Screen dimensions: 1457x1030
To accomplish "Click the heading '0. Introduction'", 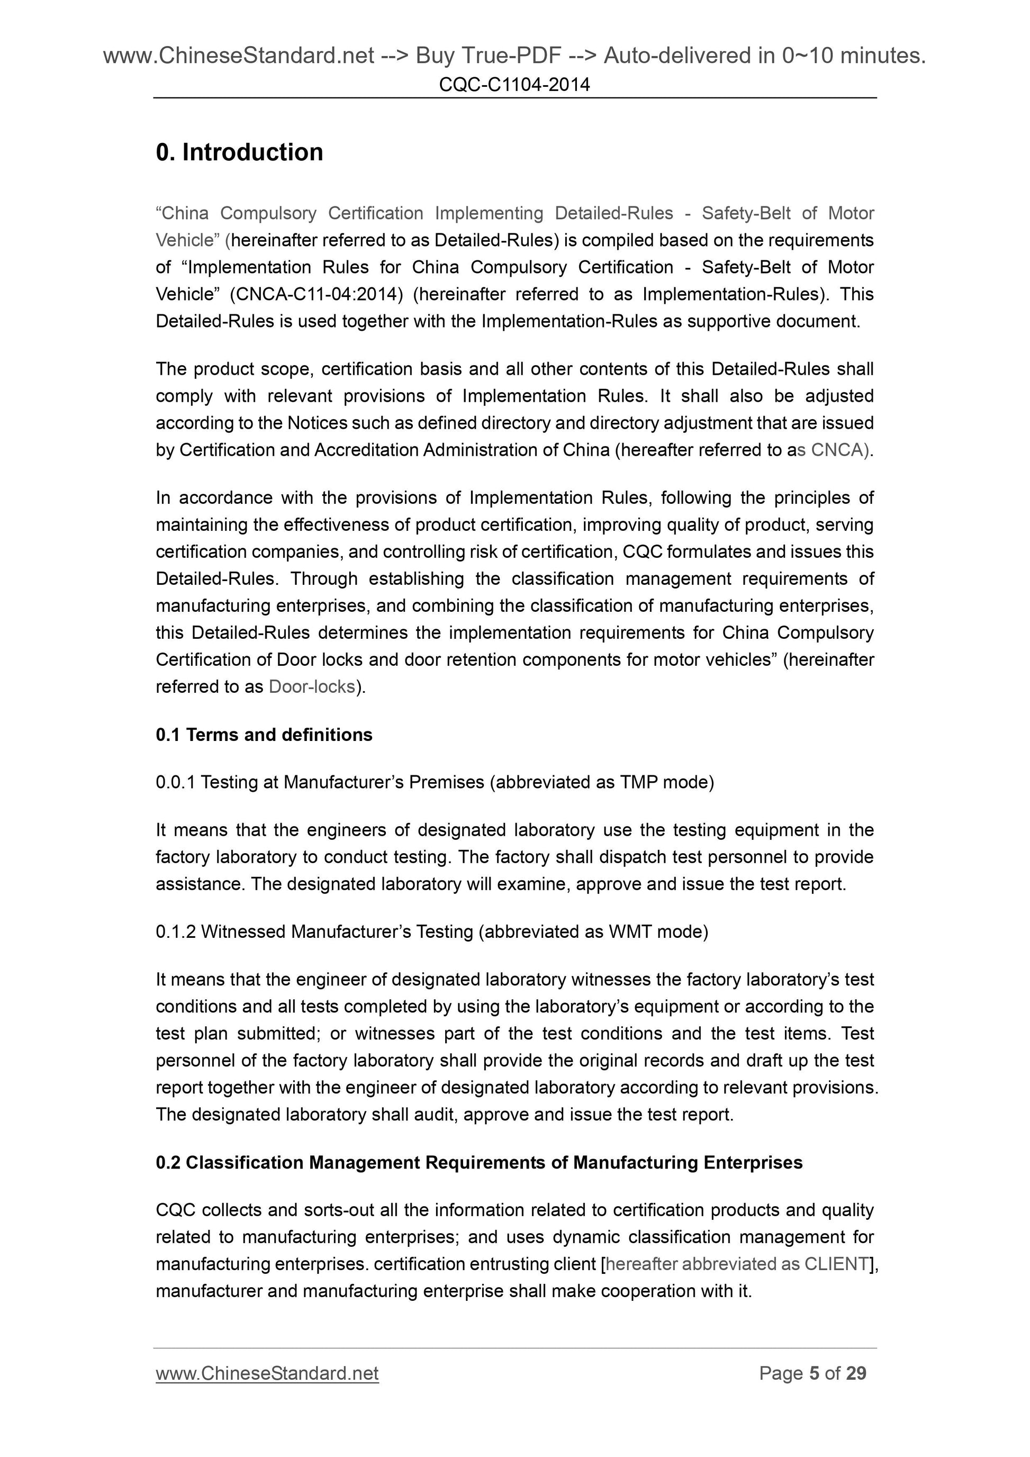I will click(x=239, y=152).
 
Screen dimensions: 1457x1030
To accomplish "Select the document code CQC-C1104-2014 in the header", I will click(x=514, y=84).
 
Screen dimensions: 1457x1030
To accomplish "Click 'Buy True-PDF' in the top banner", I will click(x=488, y=57).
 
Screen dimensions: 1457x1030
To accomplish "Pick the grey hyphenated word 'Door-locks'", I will click(x=312, y=686).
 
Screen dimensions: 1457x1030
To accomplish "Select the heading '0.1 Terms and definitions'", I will click(x=264, y=735).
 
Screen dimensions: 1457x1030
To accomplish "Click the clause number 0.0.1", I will click(x=175, y=782).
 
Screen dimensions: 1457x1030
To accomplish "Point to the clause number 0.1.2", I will click(x=175, y=931).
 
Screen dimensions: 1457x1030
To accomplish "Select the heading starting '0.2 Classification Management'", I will click(x=479, y=1163).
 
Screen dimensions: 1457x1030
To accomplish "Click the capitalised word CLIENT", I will click(x=836, y=1264).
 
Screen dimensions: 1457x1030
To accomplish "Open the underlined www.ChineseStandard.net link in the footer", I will click(x=267, y=1374).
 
